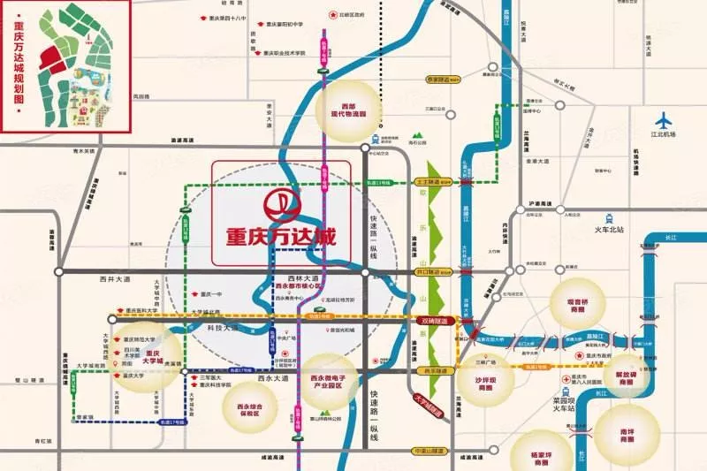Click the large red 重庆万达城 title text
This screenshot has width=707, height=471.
[x=282, y=240]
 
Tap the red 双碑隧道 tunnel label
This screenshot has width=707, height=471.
[x=435, y=322]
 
